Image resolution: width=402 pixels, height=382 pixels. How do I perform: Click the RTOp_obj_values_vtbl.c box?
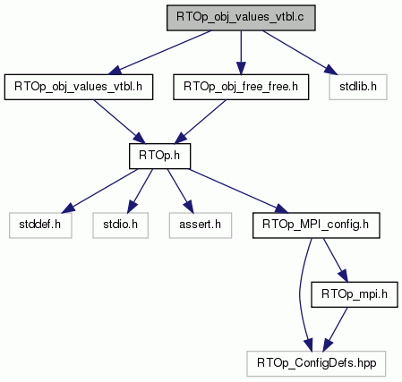coord(241,18)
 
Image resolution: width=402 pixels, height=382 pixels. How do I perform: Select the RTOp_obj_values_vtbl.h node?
coord(79,87)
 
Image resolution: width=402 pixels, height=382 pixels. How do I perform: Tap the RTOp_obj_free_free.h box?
coord(241,87)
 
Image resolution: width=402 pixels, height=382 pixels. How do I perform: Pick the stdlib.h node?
coord(358,87)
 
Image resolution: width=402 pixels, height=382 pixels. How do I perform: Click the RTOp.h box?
coord(159,156)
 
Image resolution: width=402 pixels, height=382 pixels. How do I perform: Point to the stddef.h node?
coord(40,225)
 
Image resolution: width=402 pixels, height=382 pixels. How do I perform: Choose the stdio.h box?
coord(120,225)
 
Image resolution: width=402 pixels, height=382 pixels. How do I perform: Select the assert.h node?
coord(201,225)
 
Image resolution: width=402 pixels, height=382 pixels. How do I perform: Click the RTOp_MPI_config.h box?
coord(316,225)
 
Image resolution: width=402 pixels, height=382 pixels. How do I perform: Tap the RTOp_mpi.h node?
coord(355,294)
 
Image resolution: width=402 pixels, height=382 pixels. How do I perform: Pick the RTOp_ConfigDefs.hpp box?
coord(316,363)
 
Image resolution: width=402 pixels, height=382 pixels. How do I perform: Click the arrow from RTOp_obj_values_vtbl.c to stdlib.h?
coord(300,53)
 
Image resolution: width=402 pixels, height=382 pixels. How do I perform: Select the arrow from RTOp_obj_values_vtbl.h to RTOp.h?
coord(119,122)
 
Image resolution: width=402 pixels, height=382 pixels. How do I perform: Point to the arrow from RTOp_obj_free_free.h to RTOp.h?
coord(201,122)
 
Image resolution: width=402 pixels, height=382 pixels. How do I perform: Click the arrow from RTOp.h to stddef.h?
coord(99,191)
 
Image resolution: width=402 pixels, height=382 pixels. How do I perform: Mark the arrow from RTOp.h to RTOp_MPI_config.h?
coord(239,191)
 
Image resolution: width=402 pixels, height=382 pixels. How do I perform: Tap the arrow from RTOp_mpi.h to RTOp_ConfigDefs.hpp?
coord(335,329)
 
